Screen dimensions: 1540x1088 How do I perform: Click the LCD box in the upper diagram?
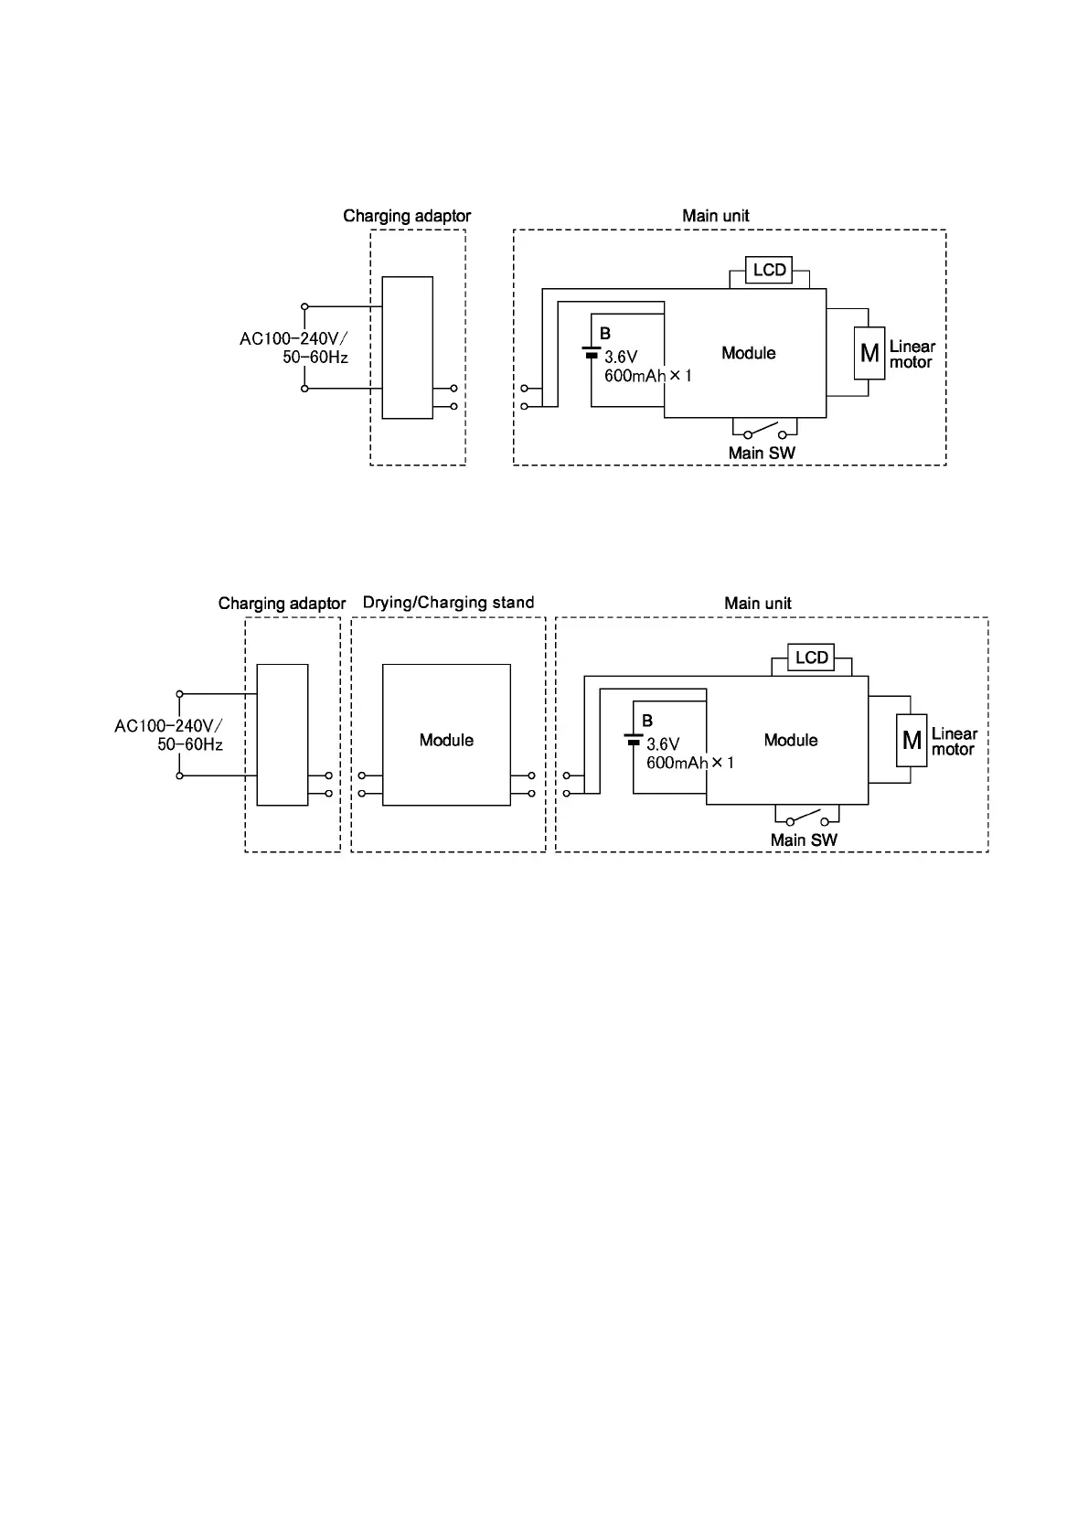(769, 271)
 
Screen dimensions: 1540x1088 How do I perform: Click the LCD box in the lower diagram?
(811, 658)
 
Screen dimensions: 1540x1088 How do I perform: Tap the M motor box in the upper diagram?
(869, 353)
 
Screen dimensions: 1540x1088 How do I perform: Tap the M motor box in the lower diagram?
(912, 740)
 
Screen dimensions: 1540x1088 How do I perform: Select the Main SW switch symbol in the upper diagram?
(764, 431)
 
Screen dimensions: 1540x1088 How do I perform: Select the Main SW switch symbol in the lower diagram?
(806, 818)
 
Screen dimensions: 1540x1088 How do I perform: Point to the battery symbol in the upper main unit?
(592, 353)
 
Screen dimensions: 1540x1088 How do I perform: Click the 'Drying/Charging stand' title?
(448, 603)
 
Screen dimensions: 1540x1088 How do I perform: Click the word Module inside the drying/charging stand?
(446, 740)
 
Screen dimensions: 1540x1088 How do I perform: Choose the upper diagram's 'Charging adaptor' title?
(407, 216)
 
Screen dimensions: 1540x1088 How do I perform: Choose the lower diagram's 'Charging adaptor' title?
(282, 604)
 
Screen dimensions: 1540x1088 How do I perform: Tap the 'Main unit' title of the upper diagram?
(716, 216)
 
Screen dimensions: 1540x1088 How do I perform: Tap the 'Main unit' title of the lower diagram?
(758, 604)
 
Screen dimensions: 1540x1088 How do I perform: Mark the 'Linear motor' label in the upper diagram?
(912, 354)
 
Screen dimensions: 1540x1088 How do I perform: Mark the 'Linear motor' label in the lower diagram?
(954, 742)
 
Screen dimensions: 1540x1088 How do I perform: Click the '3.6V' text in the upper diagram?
(621, 358)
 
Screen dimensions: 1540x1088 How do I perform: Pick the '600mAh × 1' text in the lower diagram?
(690, 763)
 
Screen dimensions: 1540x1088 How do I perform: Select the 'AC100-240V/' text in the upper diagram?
(293, 339)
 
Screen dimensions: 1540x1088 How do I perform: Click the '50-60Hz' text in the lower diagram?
(190, 744)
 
